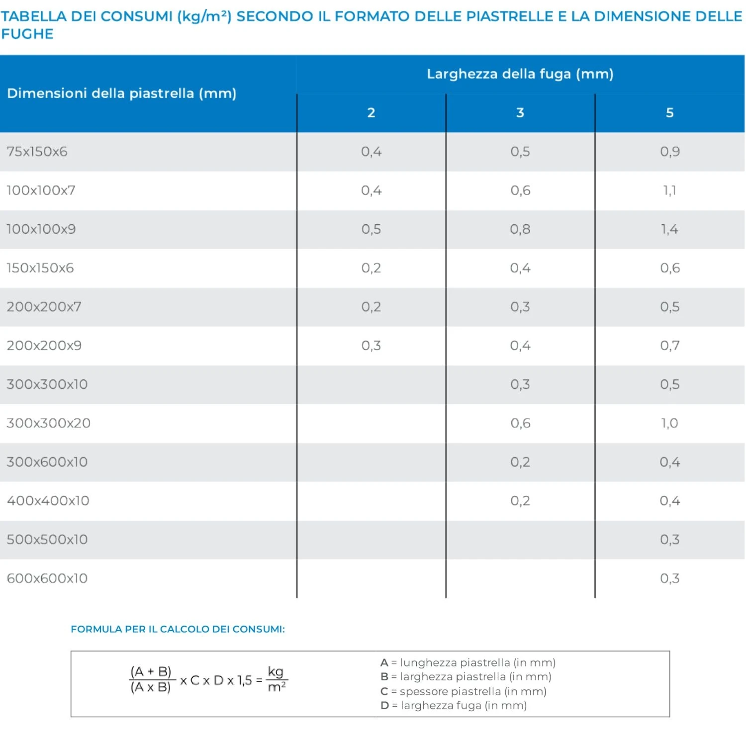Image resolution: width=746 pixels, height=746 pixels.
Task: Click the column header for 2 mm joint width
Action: click(371, 113)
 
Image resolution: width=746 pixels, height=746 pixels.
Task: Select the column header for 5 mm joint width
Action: click(669, 113)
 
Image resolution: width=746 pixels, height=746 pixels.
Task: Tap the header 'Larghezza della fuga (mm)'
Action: click(520, 74)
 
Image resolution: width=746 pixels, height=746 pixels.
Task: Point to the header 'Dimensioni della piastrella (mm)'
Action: click(121, 93)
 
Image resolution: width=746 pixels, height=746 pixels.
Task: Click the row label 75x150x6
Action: click(37, 152)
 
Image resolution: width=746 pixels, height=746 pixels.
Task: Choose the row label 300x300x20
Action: click(48, 423)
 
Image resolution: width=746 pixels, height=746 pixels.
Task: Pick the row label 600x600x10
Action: click(47, 578)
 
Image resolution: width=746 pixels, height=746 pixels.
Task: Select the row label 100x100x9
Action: click(41, 229)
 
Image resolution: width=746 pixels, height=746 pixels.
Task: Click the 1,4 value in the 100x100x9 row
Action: click(669, 229)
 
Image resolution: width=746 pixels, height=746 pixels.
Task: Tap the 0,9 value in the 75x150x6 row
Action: click(669, 152)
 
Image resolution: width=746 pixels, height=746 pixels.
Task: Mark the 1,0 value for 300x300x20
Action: click(669, 423)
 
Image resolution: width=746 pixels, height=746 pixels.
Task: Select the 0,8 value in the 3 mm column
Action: click(520, 229)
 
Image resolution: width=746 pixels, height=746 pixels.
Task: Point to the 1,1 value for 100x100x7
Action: click(669, 190)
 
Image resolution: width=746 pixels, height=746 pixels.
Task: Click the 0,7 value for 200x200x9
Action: click(669, 346)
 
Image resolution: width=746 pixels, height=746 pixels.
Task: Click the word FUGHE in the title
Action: click(27, 34)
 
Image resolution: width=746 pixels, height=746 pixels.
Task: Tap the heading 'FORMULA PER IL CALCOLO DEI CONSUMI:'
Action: click(178, 629)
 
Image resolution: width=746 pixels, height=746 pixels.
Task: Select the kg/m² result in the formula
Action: click(276, 679)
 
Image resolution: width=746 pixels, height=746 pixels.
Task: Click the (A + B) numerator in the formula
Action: click(151, 672)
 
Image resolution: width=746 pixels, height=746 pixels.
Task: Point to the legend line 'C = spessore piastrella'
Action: click(463, 691)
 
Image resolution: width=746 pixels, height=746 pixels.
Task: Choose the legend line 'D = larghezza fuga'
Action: click(453, 705)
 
